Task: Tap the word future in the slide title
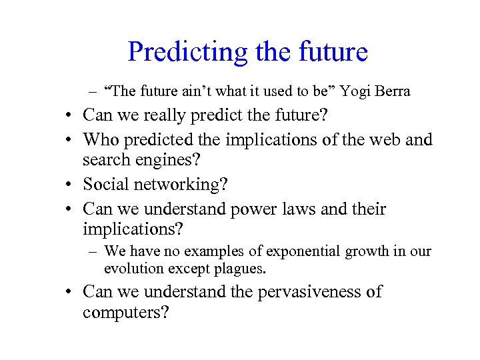pos(333,52)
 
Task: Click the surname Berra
pos(390,91)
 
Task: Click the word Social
pos(107,185)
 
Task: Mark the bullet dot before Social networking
pos(69,185)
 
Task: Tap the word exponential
pos(297,251)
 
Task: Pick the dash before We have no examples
pos(93,252)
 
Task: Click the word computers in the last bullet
pos(125,312)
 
